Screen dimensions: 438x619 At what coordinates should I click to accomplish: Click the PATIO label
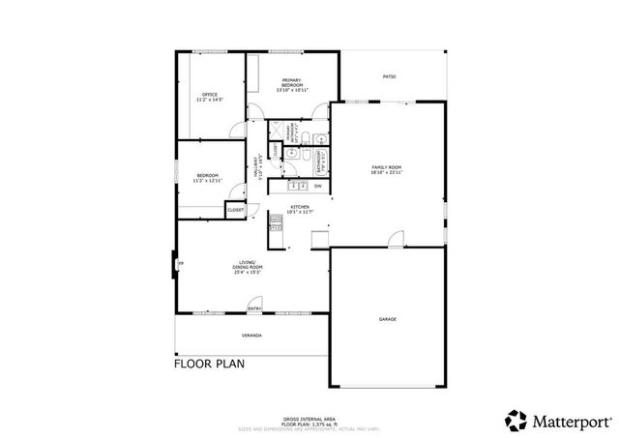pyautogui.click(x=389, y=76)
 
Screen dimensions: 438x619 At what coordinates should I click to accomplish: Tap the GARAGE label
pyautogui.click(x=387, y=318)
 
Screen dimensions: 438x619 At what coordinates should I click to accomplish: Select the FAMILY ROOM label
pyautogui.click(x=386, y=168)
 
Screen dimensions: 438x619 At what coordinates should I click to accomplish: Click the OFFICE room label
pyautogui.click(x=209, y=94)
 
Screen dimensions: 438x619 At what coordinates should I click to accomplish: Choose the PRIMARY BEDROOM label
pyautogui.click(x=293, y=83)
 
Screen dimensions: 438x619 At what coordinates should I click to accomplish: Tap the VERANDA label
pyautogui.click(x=252, y=336)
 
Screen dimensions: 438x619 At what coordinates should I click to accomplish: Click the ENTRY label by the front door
pyautogui.click(x=254, y=308)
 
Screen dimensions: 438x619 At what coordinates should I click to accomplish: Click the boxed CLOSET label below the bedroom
pyautogui.click(x=236, y=209)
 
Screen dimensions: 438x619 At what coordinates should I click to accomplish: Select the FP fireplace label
pyautogui.click(x=180, y=262)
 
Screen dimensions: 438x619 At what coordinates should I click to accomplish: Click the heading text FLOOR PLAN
pyautogui.click(x=209, y=365)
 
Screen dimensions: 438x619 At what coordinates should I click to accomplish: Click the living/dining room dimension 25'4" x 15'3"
pyautogui.click(x=248, y=273)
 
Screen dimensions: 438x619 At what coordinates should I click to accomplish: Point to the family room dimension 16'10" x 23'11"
pyautogui.click(x=386, y=173)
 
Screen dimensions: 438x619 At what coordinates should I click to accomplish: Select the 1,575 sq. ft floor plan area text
pyautogui.click(x=309, y=423)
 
